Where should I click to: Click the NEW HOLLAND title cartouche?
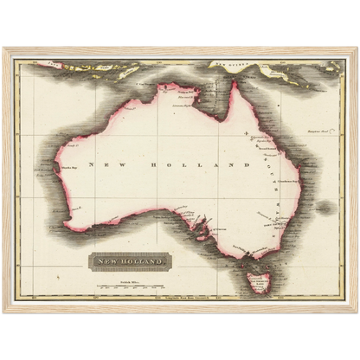[x=130, y=260]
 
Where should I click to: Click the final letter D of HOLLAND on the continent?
[x=246, y=164]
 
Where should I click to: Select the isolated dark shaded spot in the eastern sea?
[x=325, y=208]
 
